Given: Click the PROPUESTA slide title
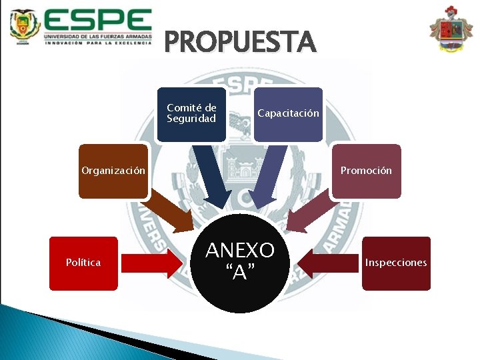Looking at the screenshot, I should click(240, 41).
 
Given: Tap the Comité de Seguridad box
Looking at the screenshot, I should click(191, 114).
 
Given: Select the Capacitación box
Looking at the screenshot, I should click(288, 114).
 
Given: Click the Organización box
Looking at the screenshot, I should click(113, 171).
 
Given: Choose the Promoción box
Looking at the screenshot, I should click(366, 171).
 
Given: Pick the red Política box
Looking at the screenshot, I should click(83, 263).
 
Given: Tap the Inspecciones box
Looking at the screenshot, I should click(396, 263).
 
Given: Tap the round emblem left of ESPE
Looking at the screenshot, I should click(24, 27).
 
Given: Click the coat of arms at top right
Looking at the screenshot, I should click(451, 30).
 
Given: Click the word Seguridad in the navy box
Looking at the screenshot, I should click(191, 119).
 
